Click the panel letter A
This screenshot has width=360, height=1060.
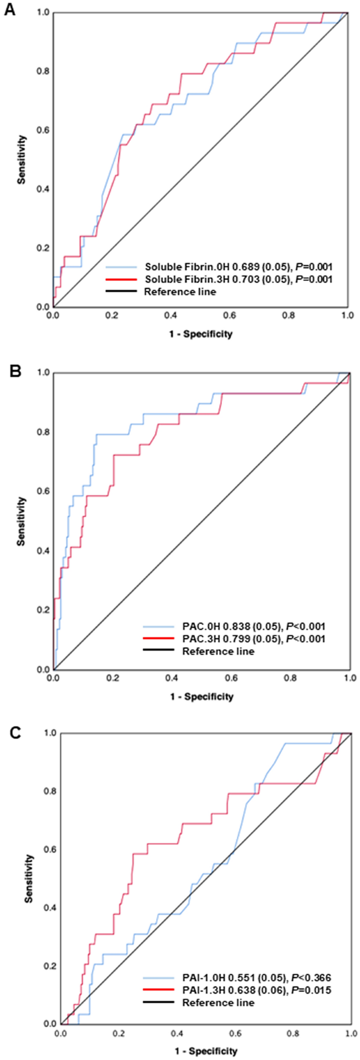tap(9, 10)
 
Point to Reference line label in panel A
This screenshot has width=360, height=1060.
tap(180, 291)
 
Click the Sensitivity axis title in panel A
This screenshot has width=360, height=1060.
tap(22, 159)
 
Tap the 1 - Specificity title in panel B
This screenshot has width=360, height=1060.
tap(202, 697)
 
